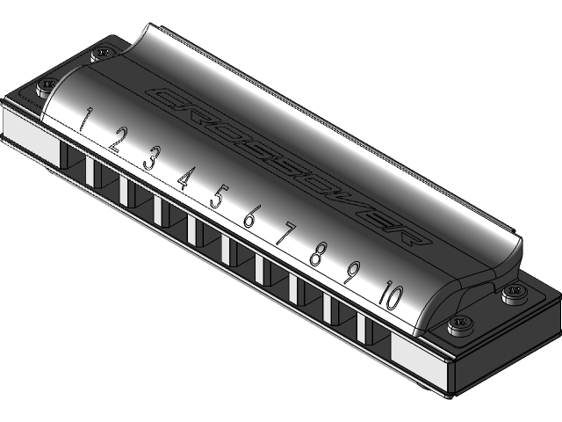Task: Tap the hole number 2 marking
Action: click(119, 139)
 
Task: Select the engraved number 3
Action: click(151, 158)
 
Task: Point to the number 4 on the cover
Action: click(184, 178)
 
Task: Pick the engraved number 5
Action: click(217, 196)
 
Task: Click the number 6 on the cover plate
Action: click(250, 216)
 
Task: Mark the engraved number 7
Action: click(285, 236)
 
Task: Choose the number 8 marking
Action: click(318, 256)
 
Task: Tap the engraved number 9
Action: click(350, 274)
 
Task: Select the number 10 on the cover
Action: click(389, 296)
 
